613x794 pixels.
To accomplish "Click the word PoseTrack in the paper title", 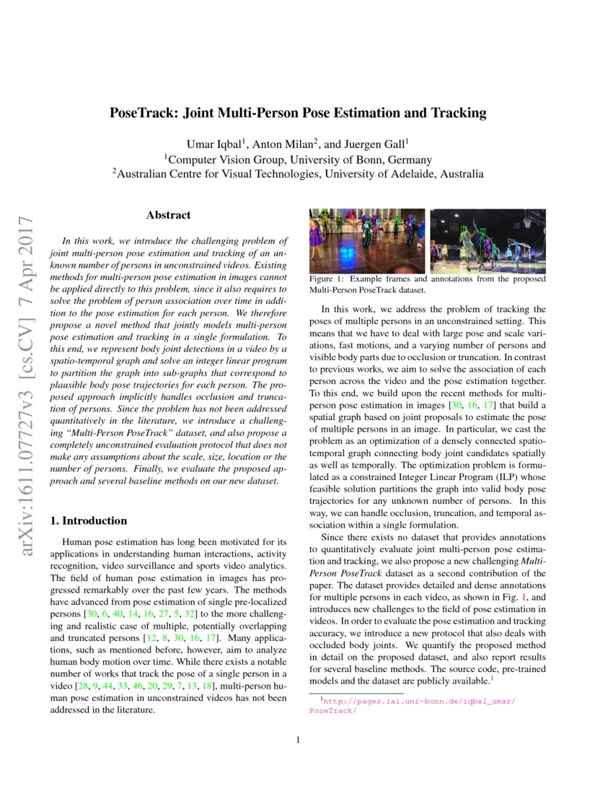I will click(142, 113).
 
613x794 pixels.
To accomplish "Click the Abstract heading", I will click(168, 215).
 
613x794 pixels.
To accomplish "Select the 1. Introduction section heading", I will click(91, 520).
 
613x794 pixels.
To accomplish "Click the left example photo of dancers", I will click(367, 240).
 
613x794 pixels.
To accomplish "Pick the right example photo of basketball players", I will click(488, 240).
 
